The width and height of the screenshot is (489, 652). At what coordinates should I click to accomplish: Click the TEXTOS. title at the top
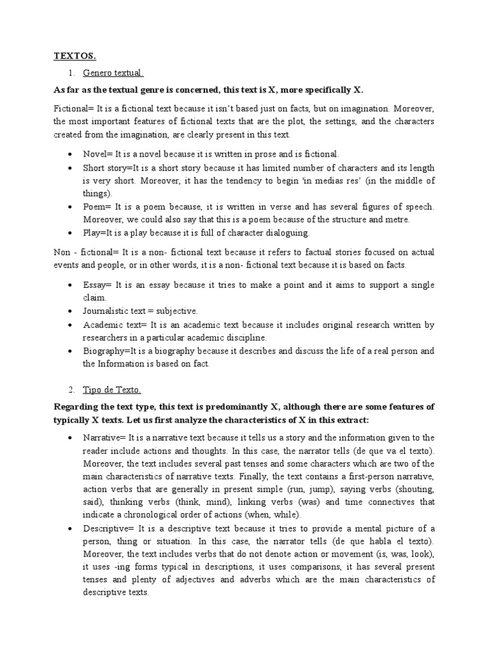point(74,56)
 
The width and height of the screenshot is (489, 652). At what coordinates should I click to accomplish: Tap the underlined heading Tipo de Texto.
point(112,390)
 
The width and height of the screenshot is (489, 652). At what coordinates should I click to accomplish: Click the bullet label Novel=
point(98,154)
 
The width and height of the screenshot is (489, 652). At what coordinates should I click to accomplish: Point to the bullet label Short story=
point(108,167)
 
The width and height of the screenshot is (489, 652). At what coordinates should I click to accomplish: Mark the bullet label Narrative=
point(105,437)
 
